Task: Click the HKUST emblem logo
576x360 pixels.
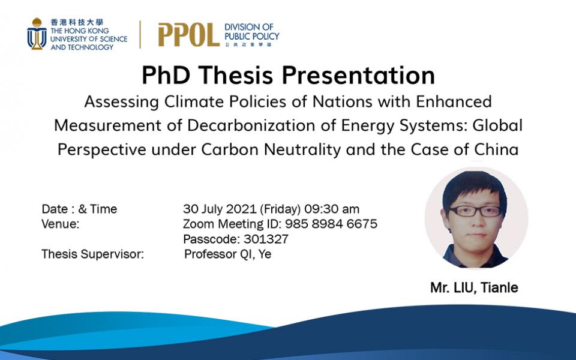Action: coord(37,34)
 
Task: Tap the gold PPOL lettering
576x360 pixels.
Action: coord(188,35)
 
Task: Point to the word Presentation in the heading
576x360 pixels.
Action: coord(358,76)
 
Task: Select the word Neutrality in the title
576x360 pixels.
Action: coord(302,149)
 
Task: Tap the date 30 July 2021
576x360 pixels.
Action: coord(220,209)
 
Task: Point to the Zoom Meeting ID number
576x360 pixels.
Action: coord(331,224)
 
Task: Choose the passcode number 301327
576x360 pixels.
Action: coord(266,239)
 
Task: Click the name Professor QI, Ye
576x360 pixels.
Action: coord(228,254)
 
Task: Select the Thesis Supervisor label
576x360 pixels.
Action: coord(92,254)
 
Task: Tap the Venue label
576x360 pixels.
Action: coord(60,224)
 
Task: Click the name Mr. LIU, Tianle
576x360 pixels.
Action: coord(474,287)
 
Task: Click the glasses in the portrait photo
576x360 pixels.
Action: coord(475,211)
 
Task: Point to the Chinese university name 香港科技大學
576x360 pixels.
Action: coord(77,22)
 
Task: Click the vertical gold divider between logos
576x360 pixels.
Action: coord(140,35)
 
